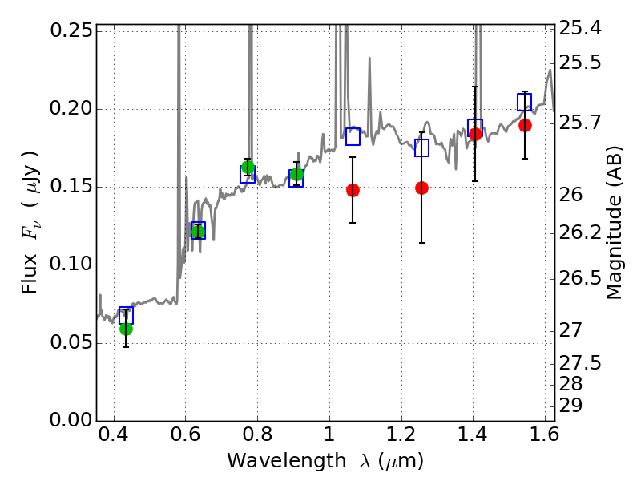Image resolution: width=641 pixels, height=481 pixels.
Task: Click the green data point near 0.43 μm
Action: [126, 329]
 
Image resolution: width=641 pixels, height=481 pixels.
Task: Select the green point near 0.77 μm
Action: [248, 167]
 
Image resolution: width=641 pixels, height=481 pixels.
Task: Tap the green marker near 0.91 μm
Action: [296, 174]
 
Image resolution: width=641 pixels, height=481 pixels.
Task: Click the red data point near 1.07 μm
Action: [353, 190]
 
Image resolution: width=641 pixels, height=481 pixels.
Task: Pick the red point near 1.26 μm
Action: [421, 188]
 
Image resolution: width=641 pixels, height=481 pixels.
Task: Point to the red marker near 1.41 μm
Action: [475, 134]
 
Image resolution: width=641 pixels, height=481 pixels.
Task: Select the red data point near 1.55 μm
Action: [525, 125]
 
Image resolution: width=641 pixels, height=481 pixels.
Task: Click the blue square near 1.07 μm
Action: [353, 136]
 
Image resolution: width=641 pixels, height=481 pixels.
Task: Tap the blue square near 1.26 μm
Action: [421, 148]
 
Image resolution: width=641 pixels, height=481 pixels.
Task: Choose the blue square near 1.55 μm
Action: [524, 102]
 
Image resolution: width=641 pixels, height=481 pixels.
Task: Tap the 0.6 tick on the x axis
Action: [185, 437]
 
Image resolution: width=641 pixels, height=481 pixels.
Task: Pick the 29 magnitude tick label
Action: [576, 406]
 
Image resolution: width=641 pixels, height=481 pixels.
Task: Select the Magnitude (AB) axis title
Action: [615, 223]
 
